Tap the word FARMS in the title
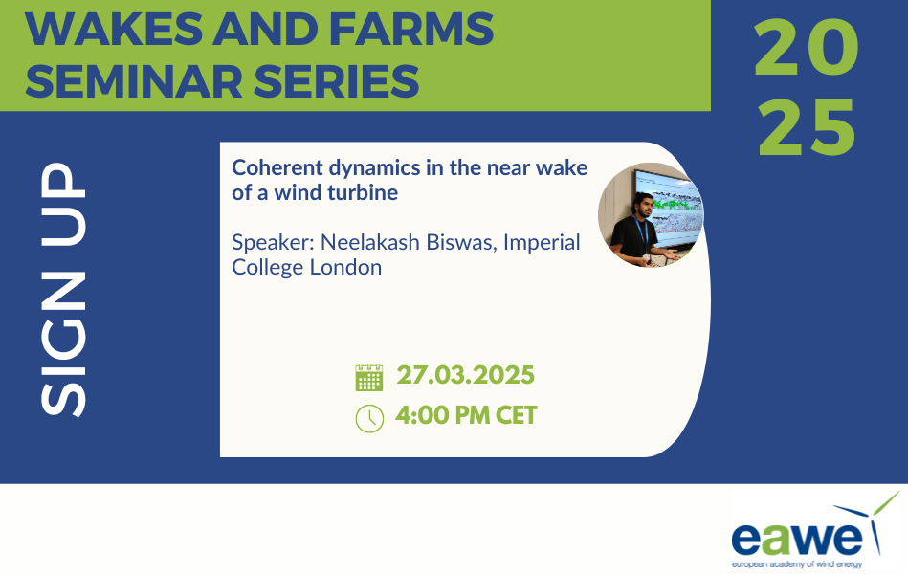[411, 29]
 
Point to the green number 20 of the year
[807, 47]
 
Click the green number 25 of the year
[807, 127]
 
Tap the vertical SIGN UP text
[63, 289]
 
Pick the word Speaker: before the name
[273, 243]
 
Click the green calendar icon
[369, 378]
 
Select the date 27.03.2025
[465, 375]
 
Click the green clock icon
[369, 418]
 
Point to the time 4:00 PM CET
[466, 415]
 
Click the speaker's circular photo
[651, 215]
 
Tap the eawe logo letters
[797, 540]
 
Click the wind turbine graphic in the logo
[870, 521]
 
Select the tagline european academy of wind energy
[797, 564]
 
